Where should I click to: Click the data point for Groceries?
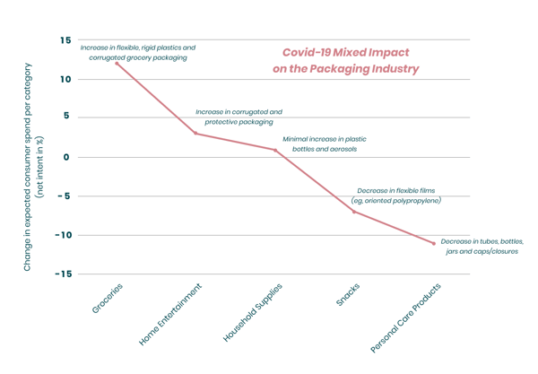click(x=117, y=64)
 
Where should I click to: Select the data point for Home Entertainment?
click(x=195, y=134)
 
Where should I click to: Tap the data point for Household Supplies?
click(x=275, y=150)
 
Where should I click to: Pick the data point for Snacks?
click(x=354, y=212)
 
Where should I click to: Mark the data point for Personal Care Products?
click(x=434, y=243)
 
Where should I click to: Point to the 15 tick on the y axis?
click(x=65, y=40)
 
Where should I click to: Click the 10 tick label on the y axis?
click(x=65, y=79)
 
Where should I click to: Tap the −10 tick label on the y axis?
click(x=61, y=235)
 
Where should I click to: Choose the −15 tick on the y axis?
click(x=61, y=274)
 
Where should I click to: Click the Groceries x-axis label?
click(x=107, y=299)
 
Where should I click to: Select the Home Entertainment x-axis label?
click(x=171, y=315)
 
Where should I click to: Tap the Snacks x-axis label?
click(x=348, y=296)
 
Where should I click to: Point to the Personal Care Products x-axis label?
click(x=406, y=317)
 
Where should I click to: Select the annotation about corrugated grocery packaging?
click(x=137, y=52)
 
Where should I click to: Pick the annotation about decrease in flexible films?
click(x=396, y=196)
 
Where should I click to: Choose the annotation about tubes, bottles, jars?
click(x=482, y=247)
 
